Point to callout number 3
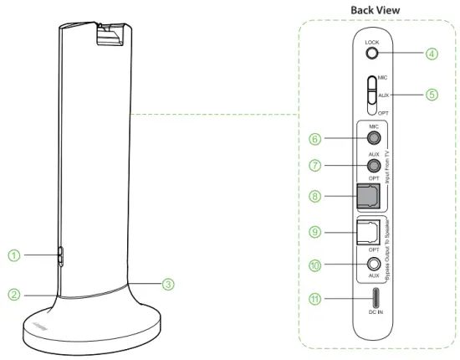168,284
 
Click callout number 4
431,54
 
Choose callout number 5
431,94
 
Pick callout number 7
316,167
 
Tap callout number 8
316,198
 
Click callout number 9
316,231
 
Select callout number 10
316,265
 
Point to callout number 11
316,299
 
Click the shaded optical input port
370,198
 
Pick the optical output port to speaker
370,233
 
